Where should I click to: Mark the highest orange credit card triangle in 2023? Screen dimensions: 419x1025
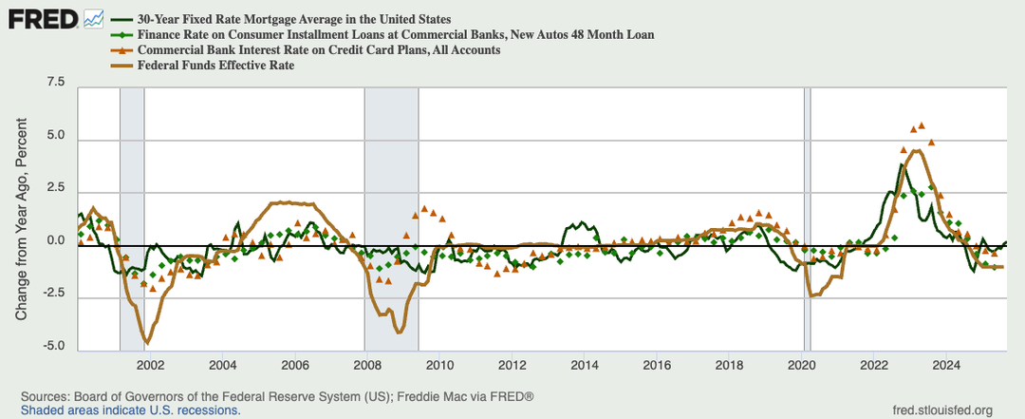[x=921, y=124]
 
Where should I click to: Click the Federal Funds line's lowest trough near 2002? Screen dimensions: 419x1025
[x=147, y=341]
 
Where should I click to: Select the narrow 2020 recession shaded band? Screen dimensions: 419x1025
[x=809, y=219]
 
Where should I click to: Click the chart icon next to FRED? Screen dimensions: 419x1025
[x=93, y=17]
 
